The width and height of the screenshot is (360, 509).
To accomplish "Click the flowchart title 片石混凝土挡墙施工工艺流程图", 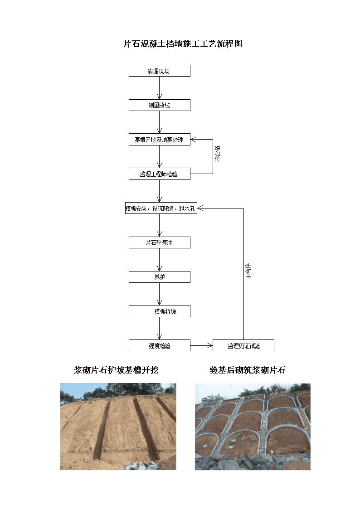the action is click(x=183, y=44).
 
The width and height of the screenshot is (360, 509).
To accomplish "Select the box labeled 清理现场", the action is click(x=160, y=71).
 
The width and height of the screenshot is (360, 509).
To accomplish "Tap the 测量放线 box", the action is click(x=160, y=105).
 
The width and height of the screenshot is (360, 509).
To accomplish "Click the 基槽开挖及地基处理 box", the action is click(x=160, y=140).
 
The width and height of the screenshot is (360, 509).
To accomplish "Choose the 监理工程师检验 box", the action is click(x=160, y=174).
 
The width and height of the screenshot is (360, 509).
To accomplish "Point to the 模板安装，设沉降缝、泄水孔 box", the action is click(x=161, y=208).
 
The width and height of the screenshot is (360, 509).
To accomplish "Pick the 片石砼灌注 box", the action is click(x=160, y=242).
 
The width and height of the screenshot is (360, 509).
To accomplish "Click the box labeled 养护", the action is click(x=160, y=277).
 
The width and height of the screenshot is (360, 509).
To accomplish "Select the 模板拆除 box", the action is click(x=160, y=311).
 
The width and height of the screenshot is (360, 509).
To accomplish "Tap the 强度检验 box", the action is click(x=160, y=346).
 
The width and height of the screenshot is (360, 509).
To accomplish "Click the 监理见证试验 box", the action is click(x=243, y=346).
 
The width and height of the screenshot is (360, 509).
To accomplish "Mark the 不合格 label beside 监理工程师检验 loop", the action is click(x=217, y=154).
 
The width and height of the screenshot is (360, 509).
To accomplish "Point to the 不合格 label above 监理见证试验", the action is click(x=248, y=271).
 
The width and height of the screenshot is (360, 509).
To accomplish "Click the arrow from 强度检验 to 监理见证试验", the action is click(x=202, y=346).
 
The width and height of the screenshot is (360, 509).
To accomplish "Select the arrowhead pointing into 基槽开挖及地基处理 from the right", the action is click(x=194, y=140).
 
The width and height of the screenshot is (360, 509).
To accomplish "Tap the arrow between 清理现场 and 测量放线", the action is click(x=160, y=88).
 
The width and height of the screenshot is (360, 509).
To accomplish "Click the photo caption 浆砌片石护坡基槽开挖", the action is click(x=116, y=370).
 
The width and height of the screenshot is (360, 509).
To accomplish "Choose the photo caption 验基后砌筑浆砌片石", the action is click(x=248, y=370).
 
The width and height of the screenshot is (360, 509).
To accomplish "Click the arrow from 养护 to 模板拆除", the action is click(x=160, y=294).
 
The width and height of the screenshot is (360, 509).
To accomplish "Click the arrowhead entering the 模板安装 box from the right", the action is click(x=200, y=208).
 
